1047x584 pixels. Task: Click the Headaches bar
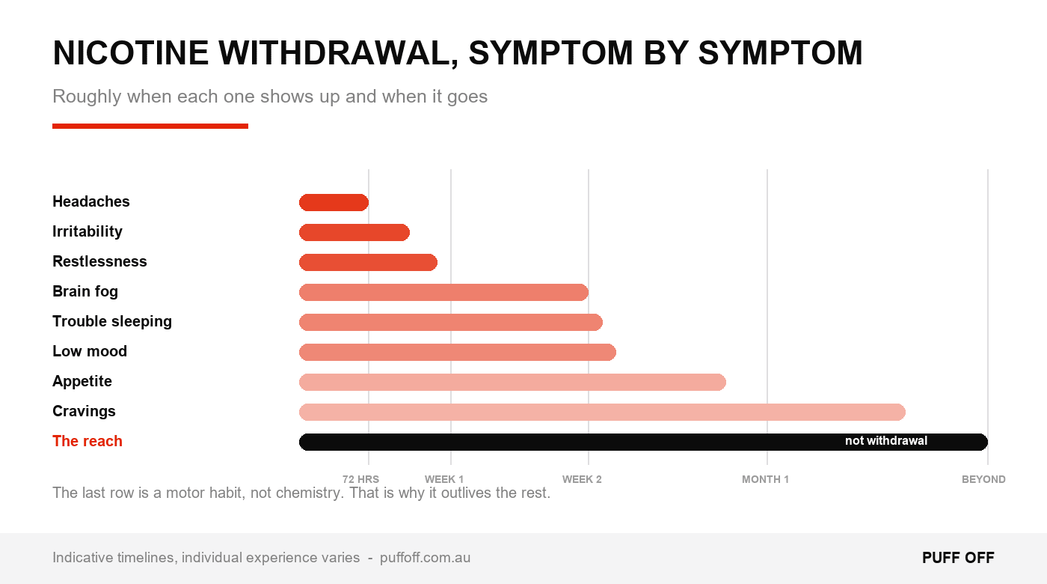(x=334, y=203)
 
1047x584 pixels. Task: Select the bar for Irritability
(x=354, y=233)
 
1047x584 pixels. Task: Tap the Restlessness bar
(x=368, y=263)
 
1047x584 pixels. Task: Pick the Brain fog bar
(x=443, y=293)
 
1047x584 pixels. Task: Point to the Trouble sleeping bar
(x=450, y=323)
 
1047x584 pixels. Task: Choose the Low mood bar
(x=458, y=353)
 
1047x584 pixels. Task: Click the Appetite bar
(x=512, y=383)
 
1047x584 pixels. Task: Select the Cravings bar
(x=602, y=413)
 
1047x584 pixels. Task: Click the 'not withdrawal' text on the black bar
(x=886, y=441)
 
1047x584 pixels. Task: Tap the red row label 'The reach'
(x=87, y=441)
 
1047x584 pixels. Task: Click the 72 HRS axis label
(x=360, y=479)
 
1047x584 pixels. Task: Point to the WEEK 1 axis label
(x=444, y=479)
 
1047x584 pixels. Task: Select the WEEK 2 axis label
(x=582, y=479)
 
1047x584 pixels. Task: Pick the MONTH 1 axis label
(x=765, y=479)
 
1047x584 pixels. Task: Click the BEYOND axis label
(x=983, y=479)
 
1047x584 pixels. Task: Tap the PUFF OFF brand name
(x=958, y=558)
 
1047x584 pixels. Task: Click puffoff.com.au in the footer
(x=425, y=558)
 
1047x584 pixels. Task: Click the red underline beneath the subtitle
(x=150, y=126)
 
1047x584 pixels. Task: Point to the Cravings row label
(x=84, y=411)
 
